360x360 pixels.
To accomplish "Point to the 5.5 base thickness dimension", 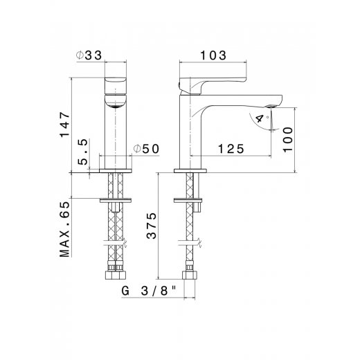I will pyautogui.click(x=84, y=152).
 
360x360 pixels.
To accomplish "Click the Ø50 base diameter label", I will pyautogui.click(x=147, y=149).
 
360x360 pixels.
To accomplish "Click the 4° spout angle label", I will pyautogui.click(x=260, y=118).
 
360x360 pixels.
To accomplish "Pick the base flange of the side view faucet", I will pyautogui.click(x=190, y=169).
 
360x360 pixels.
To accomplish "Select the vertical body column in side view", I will pyautogui.click(x=190, y=132).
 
